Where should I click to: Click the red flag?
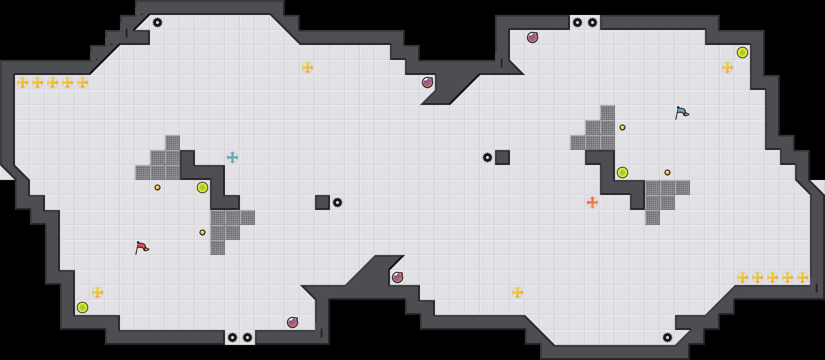click(142, 247)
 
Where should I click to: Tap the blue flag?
click(682, 112)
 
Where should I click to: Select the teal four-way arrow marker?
click(232, 157)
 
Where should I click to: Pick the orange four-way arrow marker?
click(592, 202)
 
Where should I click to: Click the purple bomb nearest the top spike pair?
click(532, 37)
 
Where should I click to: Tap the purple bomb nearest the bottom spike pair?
click(292, 322)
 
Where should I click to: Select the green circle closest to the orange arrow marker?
click(622, 172)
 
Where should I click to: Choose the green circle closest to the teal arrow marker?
click(202, 187)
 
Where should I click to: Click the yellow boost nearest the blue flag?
click(727, 67)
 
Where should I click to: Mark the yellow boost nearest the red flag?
click(97, 292)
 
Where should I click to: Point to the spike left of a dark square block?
click(487, 157)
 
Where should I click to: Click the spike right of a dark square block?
click(337, 202)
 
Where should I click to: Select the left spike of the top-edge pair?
click(577, 22)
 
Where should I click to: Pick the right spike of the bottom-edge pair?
click(247, 337)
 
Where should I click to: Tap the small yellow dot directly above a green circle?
click(622, 127)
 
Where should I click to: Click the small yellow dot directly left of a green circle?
click(157, 187)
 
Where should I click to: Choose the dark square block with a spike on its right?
click(322, 202)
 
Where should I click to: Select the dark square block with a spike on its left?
click(502, 157)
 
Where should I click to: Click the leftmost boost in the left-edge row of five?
click(22, 82)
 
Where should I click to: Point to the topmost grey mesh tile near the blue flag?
click(607, 112)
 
